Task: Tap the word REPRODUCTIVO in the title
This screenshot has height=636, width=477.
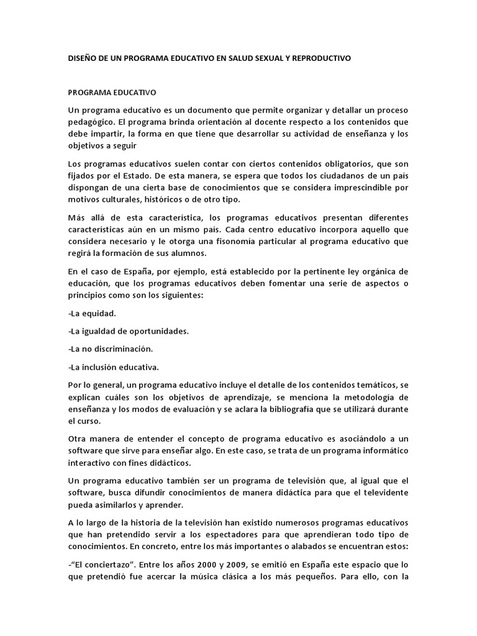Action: click(x=320, y=58)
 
